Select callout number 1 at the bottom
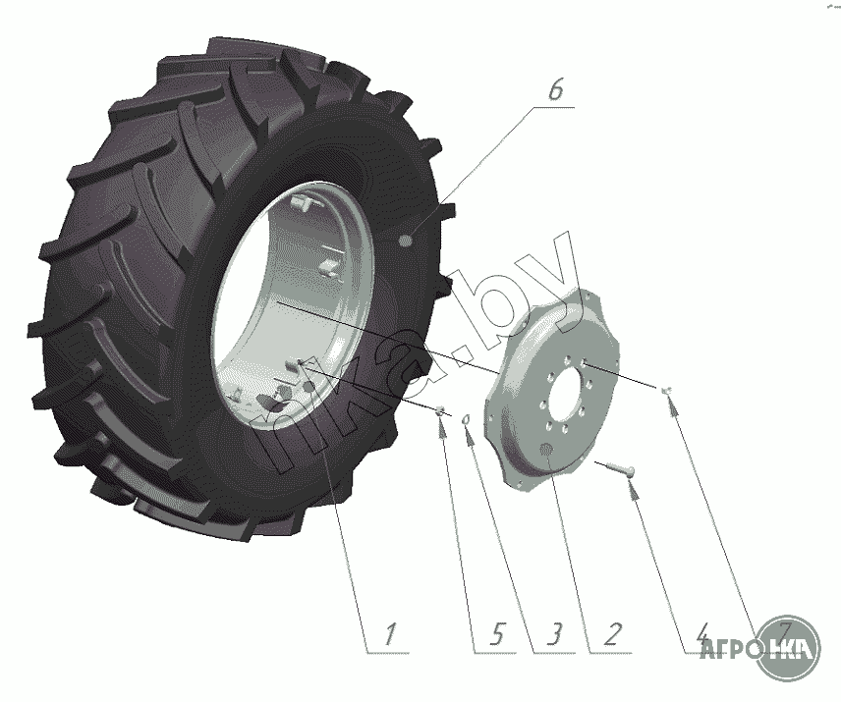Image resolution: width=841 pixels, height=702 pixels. (389, 636)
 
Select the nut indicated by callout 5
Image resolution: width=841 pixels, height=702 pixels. (441, 410)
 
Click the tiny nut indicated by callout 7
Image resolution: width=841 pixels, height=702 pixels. (667, 391)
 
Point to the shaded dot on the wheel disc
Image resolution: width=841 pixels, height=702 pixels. (546, 451)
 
